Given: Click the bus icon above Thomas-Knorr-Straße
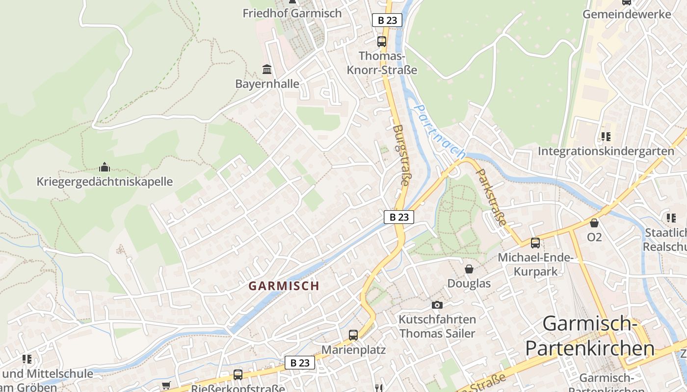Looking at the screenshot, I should pyautogui.click(x=382, y=42).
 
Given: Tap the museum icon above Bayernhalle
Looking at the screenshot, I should pyautogui.click(x=267, y=69).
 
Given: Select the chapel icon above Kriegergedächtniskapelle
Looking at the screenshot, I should pyautogui.click(x=105, y=167).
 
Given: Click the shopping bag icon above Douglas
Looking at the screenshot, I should pyautogui.click(x=469, y=269).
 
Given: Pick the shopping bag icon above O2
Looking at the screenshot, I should pyautogui.click(x=594, y=223).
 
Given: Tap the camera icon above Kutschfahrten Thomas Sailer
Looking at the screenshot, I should pyautogui.click(x=437, y=305).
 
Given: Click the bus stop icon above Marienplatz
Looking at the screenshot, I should pyautogui.click(x=353, y=335).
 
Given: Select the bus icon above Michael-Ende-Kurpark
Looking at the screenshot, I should pyautogui.click(x=535, y=243).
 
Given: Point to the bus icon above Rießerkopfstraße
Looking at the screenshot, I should pyautogui.click(x=238, y=375).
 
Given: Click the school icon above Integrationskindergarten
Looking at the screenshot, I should pyautogui.click(x=606, y=136).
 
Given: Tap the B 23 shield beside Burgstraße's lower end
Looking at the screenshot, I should pyautogui.click(x=398, y=217).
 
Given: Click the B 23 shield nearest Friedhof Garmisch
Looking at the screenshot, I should pyautogui.click(x=387, y=20).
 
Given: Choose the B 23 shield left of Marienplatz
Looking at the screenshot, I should pyautogui.click(x=300, y=363).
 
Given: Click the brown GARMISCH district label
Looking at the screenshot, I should pyautogui.click(x=284, y=286).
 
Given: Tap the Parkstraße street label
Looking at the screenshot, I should pyautogui.click(x=491, y=197).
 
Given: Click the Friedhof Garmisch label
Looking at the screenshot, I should pyautogui.click(x=292, y=13).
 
